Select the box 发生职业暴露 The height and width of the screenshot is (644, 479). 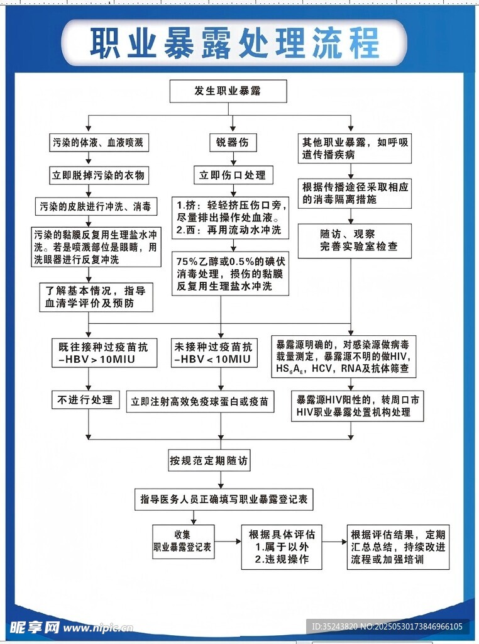pyautogui.click(x=228, y=91)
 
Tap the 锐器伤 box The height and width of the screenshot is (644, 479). pyautogui.click(x=233, y=143)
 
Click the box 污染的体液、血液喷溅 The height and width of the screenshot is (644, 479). pyautogui.click(x=97, y=143)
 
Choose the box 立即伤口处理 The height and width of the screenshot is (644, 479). pyautogui.click(x=233, y=175)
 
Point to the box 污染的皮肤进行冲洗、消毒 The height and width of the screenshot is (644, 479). pyautogui.click(x=96, y=206)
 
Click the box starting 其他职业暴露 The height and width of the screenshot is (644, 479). pyautogui.click(x=355, y=149)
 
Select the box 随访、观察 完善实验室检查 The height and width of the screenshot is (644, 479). pyautogui.click(x=355, y=240)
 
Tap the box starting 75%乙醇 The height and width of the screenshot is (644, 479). pyautogui.click(x=230, y=273)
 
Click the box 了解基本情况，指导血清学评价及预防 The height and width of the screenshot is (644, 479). pyautogui.click(x=96, y=297)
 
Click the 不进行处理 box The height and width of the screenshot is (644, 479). pyautogui.click(x=85, y=399)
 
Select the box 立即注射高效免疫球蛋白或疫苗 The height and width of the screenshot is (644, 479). pyautogui.click(x=201, y=401)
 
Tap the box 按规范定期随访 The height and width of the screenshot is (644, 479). pyautogui.click(x=210, y=461)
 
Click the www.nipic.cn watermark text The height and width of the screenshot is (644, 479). pyautogui.click(x=99, y=628)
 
